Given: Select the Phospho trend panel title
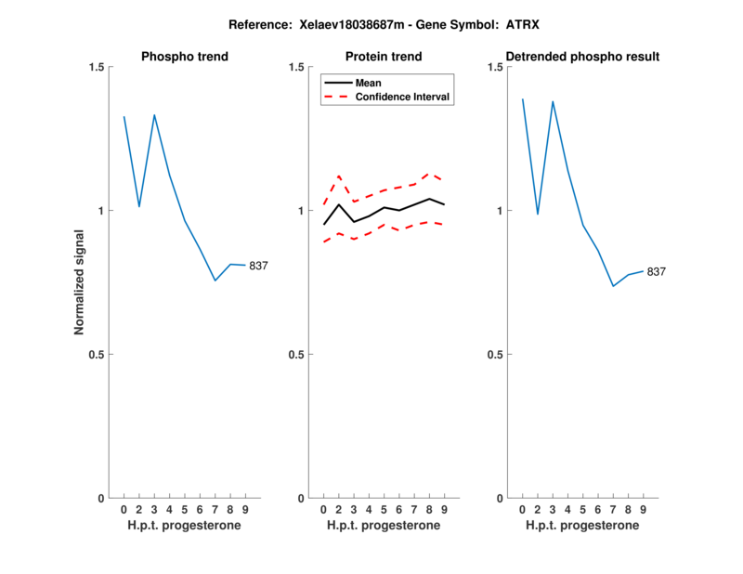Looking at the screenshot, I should coord(185,57).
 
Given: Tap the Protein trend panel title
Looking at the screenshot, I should coord(384,57).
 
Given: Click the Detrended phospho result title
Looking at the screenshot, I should coord(582,57).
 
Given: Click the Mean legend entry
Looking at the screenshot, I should coord(369,83).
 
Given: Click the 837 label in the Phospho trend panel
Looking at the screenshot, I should coord(258,267).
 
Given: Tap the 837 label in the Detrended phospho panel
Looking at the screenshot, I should coord(657,272).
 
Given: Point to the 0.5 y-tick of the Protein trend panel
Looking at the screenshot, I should coord(295,354).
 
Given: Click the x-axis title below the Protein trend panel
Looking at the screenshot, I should coord(384,525).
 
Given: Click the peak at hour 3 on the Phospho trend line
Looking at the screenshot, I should coord(154,115).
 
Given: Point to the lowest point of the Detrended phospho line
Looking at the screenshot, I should coord(613,286).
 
